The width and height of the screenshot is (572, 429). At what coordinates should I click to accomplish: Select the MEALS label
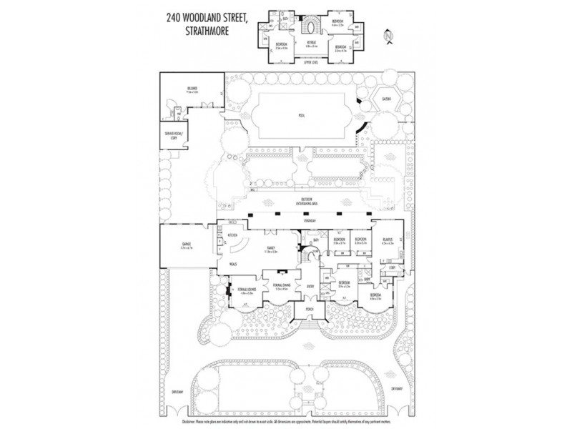click(x=233, y=263)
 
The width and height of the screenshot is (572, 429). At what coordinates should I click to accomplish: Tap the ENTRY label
click(x=310, y=286)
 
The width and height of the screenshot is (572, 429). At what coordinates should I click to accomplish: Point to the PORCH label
click(x=310, y=309)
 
